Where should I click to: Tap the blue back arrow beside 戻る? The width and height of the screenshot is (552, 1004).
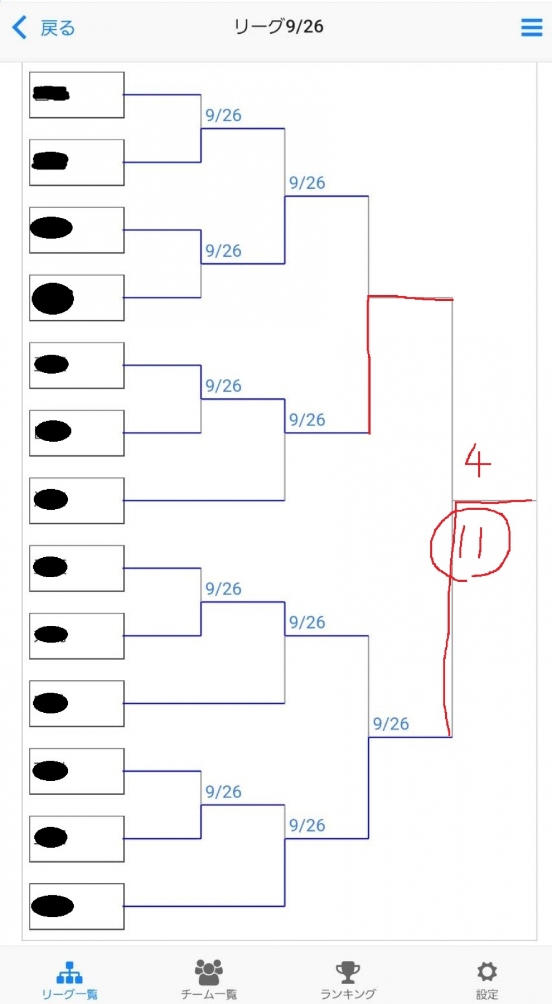(19, 27)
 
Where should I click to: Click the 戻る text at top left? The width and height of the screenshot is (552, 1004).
(58, 28)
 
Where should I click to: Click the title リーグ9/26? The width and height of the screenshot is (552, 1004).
(278, 26)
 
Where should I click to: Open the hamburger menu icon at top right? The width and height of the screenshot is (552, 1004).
(531, 27)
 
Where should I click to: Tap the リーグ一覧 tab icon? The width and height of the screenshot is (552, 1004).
(70, 972)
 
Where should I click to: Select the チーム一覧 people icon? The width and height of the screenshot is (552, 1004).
(209, 972)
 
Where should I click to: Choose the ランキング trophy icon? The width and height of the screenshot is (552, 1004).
(347, 972)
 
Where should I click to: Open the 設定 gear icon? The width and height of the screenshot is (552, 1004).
(487, 971)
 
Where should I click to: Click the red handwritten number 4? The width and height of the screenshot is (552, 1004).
(478, 461)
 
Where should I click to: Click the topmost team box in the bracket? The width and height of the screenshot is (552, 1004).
(77, 95)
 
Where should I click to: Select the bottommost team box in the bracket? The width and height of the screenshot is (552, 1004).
(77, 906)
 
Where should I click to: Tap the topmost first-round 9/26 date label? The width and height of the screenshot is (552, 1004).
(223, 116)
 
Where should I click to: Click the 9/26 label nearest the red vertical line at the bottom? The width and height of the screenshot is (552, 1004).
(391, 724)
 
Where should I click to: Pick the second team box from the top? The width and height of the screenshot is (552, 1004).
(77, 162)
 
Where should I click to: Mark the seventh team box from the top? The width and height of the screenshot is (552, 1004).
(77, 501)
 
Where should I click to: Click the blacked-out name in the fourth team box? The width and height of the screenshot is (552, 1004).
(53, 298)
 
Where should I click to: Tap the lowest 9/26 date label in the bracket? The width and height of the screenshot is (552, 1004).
(307, 826)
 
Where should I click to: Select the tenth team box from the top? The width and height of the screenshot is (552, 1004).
(77, 704)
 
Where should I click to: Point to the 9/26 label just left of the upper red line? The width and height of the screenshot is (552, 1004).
(307, 420)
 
